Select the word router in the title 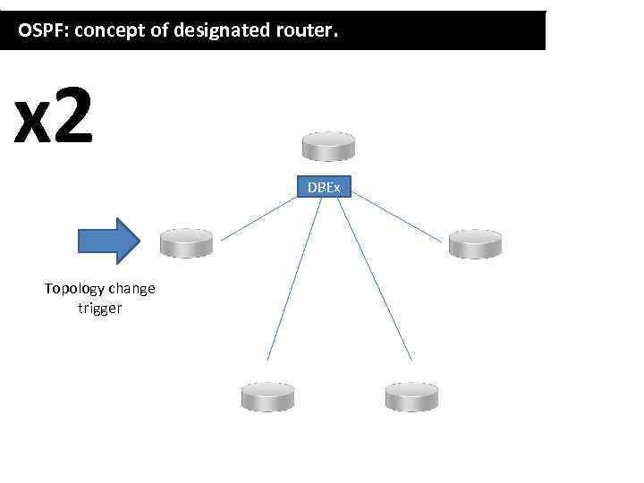[305, 32]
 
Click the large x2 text [54, 120]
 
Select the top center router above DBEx [328, 146]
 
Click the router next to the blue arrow [186, 241]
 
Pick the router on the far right [475, 242]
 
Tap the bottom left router [267, 396]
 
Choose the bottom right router [411, 396]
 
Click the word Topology [75, 289]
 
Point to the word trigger [99, 309]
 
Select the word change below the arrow [131, 289]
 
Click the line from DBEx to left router [259, 217]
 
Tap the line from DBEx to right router [397, 218]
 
